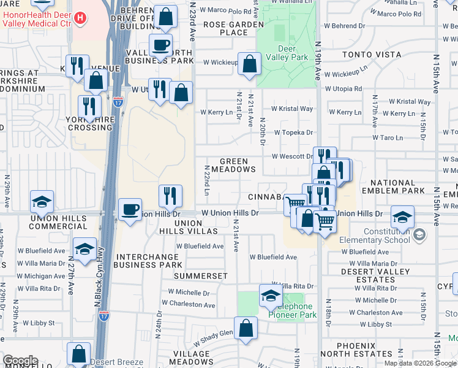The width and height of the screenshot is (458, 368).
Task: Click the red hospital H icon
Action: click(80, 18)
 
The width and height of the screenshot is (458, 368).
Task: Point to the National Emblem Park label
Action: click(397, 187)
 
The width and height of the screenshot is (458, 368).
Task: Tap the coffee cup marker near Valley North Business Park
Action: click(160, 45)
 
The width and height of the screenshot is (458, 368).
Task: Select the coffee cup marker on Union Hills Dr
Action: click(130, 210)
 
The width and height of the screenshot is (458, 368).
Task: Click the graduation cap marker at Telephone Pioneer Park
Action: click(270, 296)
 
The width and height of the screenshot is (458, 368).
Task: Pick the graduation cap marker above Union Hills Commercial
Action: click(42, 202)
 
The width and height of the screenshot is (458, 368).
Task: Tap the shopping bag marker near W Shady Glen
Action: click(246, 328)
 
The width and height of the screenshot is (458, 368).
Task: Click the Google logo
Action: click(20, 361)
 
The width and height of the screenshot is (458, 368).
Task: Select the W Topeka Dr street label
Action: click(293, 132)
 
